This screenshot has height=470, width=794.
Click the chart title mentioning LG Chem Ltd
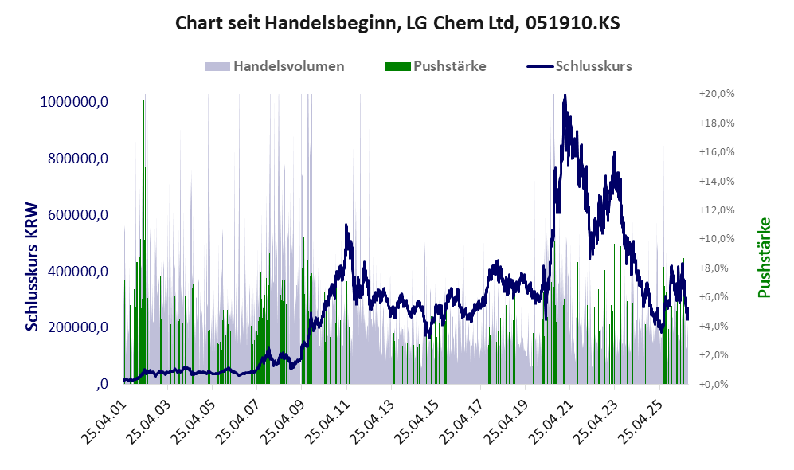[397, 23]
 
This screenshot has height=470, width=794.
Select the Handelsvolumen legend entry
[275, 66]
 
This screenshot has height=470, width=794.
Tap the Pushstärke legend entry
[436, 66]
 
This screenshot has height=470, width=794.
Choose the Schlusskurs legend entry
[579, 66]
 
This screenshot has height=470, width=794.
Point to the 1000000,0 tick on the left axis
[74, 102]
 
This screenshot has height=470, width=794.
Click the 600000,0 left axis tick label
[78, 215]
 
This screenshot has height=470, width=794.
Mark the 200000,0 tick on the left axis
[78, 327]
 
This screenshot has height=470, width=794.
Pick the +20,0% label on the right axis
[717, 94]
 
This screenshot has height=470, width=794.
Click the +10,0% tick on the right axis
[717, 238]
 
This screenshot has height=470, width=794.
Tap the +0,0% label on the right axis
[714, 384]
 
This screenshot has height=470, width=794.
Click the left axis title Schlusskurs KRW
[32, 267]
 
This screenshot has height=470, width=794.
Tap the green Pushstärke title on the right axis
[764, 257]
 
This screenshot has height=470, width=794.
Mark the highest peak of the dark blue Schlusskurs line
[565, 96]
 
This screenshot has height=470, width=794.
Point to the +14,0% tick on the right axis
[717, 181]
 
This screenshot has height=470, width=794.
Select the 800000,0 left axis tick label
[78, 159]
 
